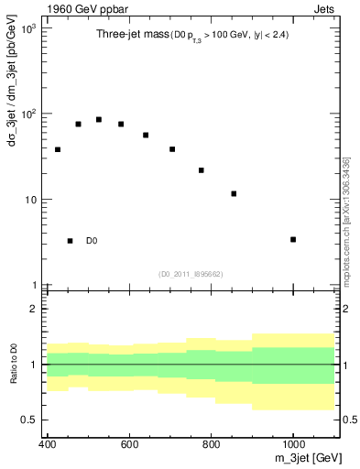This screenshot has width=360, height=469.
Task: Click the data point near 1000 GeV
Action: [293, 239]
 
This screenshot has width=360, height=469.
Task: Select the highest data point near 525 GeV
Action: [99, 119]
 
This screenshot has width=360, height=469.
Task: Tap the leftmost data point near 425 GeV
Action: [58, 149]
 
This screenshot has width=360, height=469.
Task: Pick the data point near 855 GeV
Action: [235, 193]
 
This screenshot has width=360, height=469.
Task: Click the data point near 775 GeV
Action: [202, 170]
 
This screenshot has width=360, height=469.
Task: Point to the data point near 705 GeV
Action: [172, 149]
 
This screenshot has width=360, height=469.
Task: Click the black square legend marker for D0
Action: [70, 241]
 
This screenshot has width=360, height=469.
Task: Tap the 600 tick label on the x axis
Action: [129, 444]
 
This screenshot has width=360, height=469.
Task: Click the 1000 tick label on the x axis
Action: [293, 444]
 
